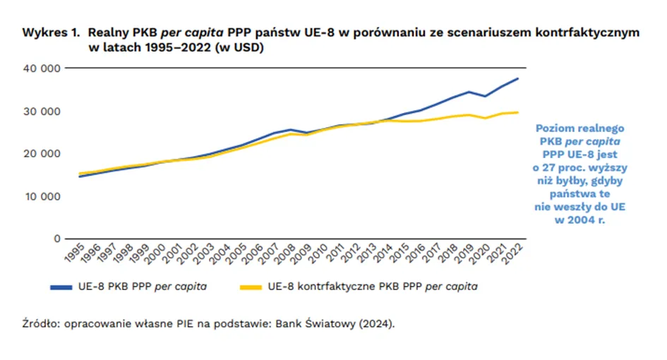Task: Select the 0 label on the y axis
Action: pyautogui.click(x=56, y=239)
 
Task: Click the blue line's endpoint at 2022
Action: pyautogui.click(x=519, y=78)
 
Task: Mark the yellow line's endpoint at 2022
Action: pyautogui.click(x=519, y=112)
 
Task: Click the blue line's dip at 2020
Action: pyautogui.click(x=486, y=96)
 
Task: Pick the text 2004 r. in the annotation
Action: pyautogui.click(x=581, y=219)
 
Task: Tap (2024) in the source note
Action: pyautogui.click(x=379, y=324)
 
